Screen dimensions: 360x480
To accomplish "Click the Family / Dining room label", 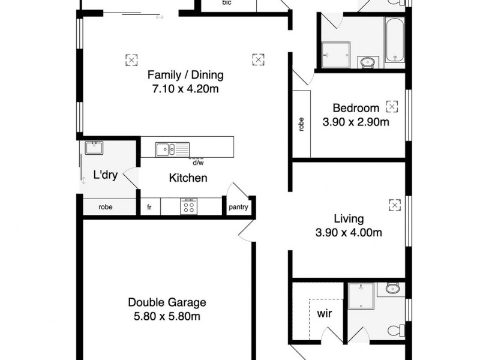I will coord(185,76).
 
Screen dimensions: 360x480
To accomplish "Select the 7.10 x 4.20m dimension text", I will coord(185,89).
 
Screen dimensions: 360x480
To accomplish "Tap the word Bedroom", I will coord(356,109).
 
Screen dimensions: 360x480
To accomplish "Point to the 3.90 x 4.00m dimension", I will coord(349,233).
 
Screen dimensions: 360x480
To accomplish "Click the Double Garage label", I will coord(167,302).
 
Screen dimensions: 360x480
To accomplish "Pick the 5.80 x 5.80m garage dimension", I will coord(167,316).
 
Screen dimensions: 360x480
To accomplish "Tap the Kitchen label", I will coord(188,178).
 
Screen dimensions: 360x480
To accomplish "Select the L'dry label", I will coord(104,176).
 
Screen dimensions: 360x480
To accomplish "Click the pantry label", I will coord(239,208).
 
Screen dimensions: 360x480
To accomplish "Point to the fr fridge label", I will coord(149,208).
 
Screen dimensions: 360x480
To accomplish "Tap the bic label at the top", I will coord(227,3).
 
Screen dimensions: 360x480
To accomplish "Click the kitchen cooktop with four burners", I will coord(188,206).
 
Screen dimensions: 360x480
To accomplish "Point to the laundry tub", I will coord(94,148).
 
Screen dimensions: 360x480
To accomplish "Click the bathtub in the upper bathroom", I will coord(394,41).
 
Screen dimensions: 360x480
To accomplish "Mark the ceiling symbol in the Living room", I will coord(394,205).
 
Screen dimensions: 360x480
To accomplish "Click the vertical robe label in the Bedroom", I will coord(301,124).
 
